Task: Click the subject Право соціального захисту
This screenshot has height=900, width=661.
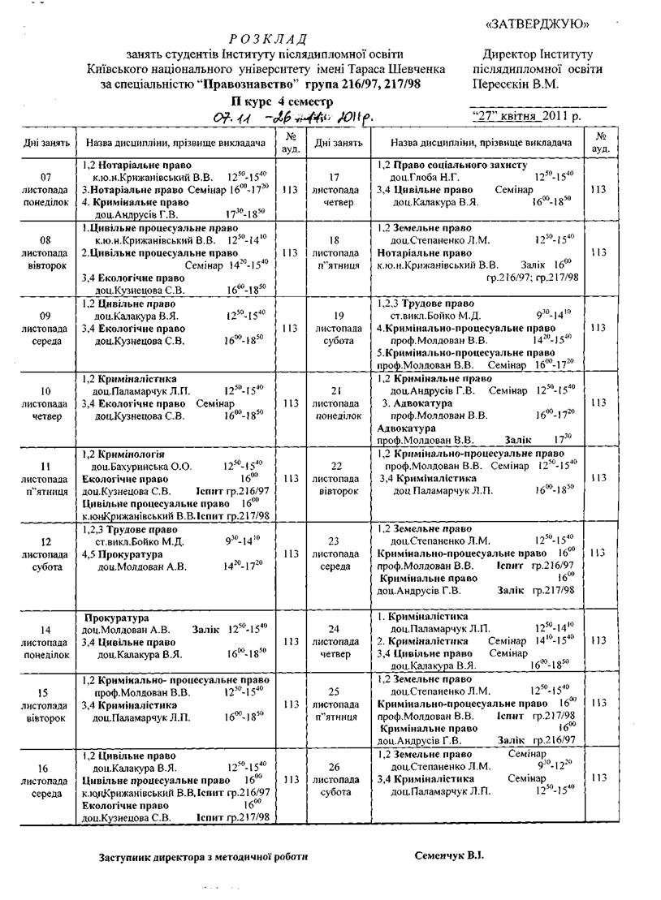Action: click(459, 165)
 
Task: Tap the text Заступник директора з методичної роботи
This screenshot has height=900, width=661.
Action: click(204, 857)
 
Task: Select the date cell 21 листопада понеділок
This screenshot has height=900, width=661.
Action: click(339, 403)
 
